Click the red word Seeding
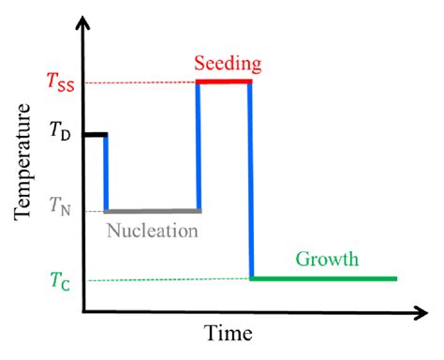[227, 65]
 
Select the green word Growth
[327, 260]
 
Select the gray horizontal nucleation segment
[153, 210]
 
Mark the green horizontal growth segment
[323, 278]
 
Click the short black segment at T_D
[95, 135]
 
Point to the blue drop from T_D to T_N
[106, 173]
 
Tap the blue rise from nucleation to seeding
[198, 146]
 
